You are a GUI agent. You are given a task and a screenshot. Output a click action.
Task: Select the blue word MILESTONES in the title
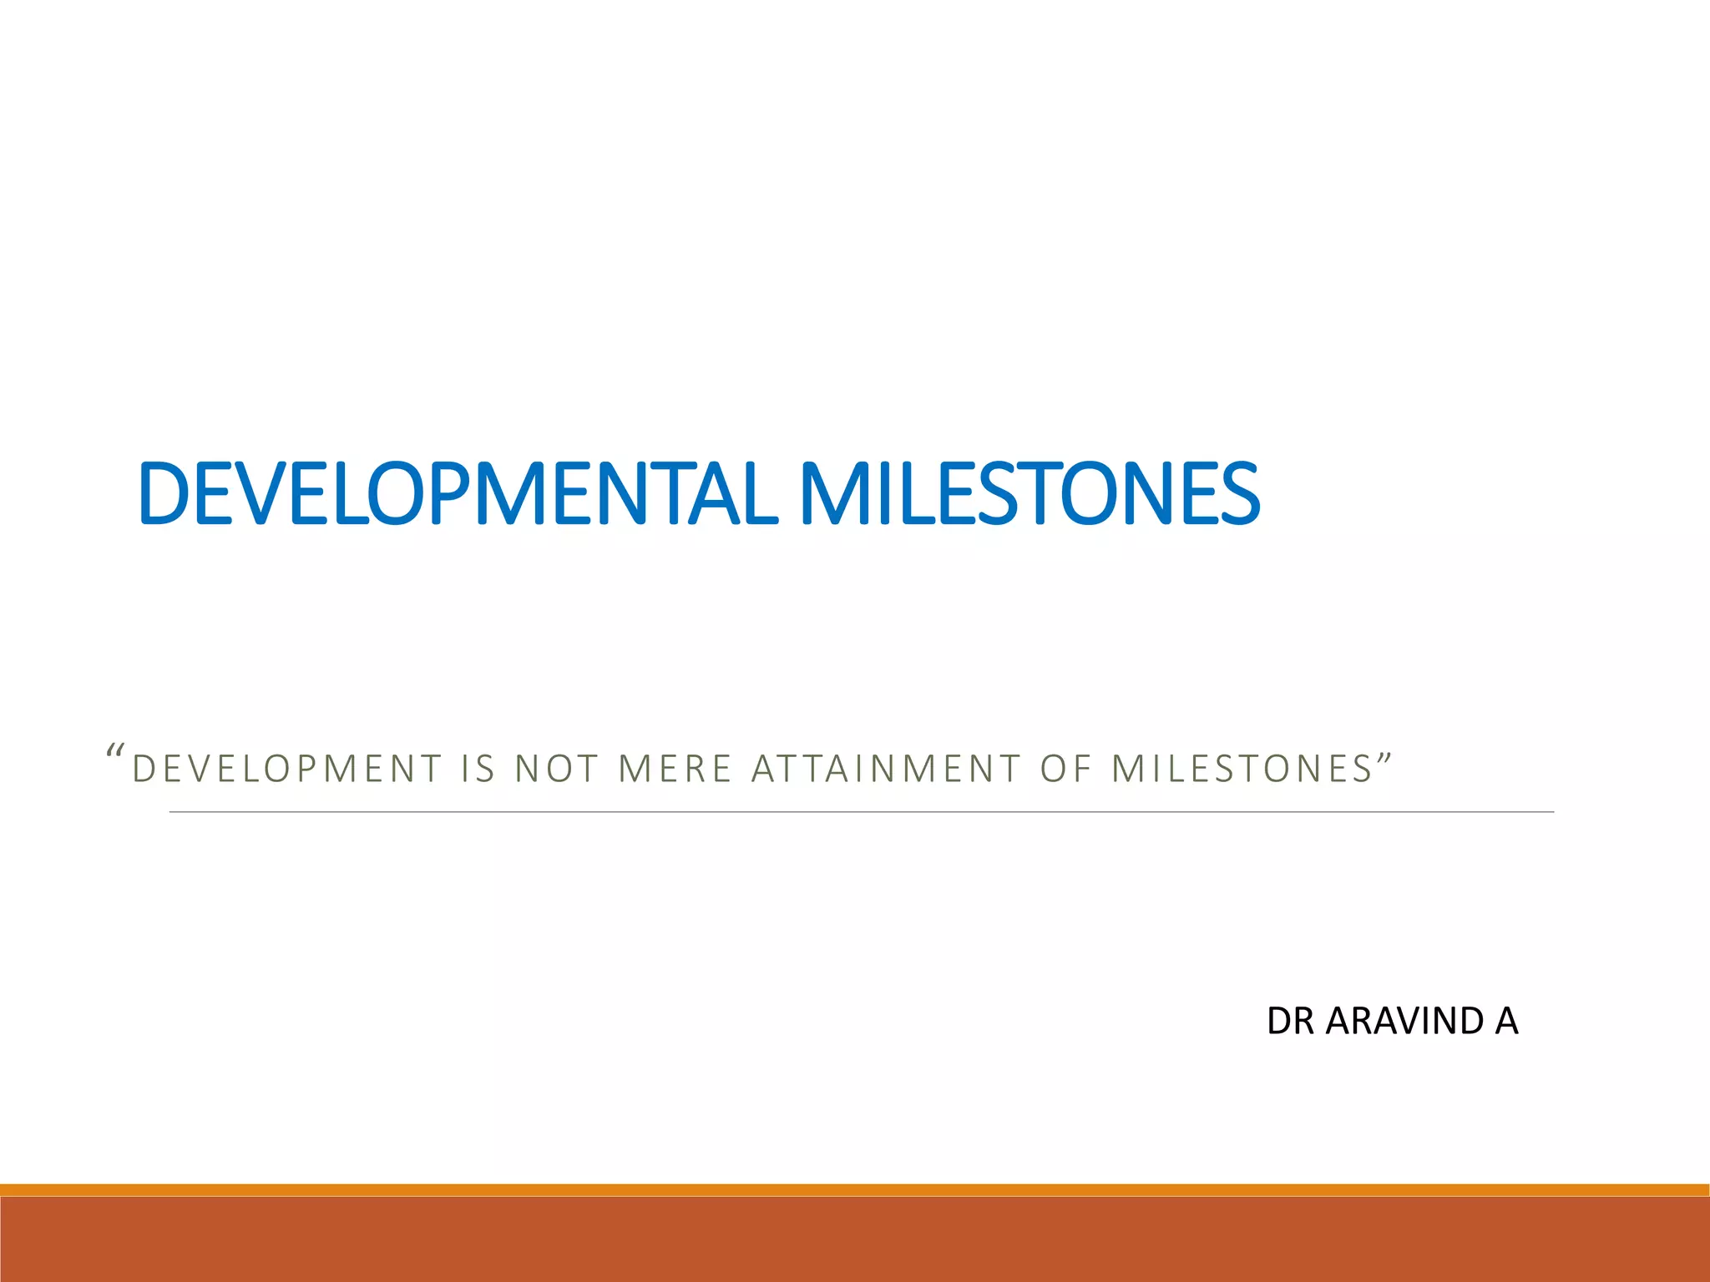click(1029, 494)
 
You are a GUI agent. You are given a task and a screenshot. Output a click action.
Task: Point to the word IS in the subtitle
click(478, 770)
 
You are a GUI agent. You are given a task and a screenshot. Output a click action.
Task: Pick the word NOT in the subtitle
click(556, 770)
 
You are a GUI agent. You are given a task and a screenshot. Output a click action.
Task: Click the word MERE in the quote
click(675, 770)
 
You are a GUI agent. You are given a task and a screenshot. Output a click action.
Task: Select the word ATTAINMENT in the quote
click(886, 770)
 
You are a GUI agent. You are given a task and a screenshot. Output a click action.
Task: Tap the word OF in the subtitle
click(1065, 770)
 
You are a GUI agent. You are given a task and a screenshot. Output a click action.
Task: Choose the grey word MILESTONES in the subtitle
click(1242, 770)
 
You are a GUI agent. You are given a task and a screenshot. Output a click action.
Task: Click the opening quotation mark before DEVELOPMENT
click(116, 750)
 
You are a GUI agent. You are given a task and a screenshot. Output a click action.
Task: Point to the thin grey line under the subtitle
click(860, 811)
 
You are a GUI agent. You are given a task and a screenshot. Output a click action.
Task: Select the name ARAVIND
click(1404, 1022)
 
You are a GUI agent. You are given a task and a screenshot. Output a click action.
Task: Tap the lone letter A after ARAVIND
click(1506, 1022)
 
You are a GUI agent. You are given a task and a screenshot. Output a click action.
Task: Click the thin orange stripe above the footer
click(855, 1189)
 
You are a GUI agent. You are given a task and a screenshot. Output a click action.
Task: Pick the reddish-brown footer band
click(855, 1239)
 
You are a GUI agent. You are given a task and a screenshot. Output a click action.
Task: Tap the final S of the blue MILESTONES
click(1238, 494)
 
